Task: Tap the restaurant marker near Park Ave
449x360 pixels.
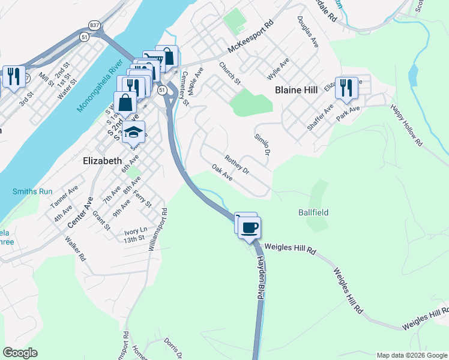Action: click(x=346, y=88)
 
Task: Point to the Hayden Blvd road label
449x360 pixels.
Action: click(x=261, y=268)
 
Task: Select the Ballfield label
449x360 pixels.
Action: click(x=313, y=212)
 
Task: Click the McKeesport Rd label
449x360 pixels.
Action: click(x=251, y=40)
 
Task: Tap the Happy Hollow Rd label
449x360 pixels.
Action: click(x=407, y=125)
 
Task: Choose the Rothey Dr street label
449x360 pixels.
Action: click(x=237, y=164)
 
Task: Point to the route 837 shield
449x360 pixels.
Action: click(x=95, y=25)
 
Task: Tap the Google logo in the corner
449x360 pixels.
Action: click(x=20, y=352)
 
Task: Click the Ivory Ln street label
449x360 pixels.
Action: click(x=136, y=230)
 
